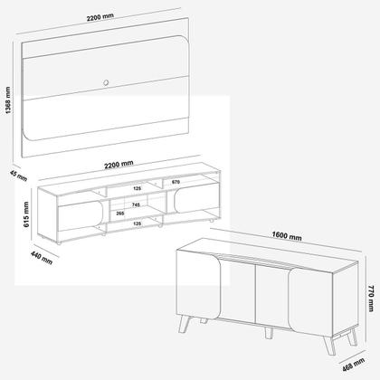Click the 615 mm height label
27,214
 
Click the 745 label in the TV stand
137,205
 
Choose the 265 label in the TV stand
121,214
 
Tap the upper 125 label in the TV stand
137,189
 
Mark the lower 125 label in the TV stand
137,223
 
